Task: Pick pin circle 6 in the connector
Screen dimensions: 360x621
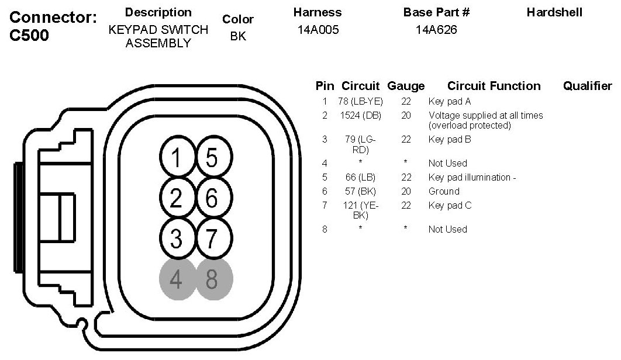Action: click(213, 199)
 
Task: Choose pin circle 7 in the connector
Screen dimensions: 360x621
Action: click(213, 238)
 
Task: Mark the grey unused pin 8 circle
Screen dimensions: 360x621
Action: click(213, 279)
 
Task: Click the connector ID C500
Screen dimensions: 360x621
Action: click(30, 35)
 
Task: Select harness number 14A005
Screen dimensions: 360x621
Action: click(318, 30)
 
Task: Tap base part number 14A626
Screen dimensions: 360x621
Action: click(436, 30)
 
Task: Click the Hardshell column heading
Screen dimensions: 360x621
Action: click(554, 12)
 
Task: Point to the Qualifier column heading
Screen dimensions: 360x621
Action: click(587, 86)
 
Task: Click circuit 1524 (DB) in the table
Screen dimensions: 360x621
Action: click(360, 116)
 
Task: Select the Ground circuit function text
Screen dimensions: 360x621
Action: click(444, 191)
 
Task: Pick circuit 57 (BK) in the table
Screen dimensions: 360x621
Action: click(360, 191)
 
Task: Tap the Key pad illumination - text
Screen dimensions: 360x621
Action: click(472, 177)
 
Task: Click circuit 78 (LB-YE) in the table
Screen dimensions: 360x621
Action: click(360, 102)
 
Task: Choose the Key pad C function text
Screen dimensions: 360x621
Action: click(450, 205)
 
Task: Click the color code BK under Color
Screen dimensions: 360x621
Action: click(238, 36)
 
